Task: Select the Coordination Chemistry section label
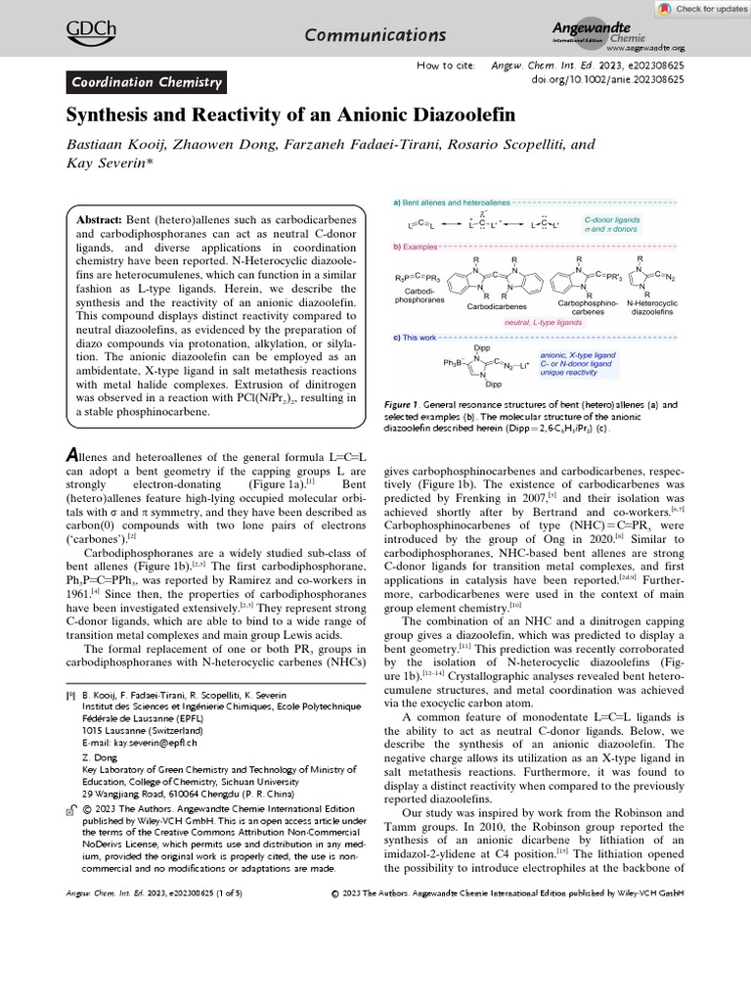[147, 82]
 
